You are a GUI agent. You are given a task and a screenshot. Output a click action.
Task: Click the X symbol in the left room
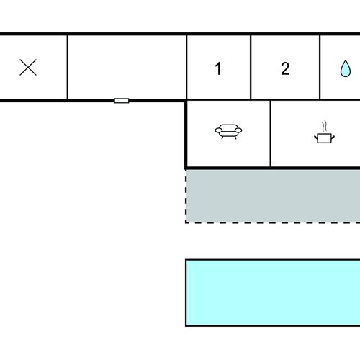coord(28,68)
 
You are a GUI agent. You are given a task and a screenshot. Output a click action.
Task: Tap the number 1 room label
coord(218,68)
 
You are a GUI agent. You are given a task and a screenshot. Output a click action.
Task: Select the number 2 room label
coord(285,68)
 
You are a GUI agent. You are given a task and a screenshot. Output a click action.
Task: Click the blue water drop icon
coord(346,68)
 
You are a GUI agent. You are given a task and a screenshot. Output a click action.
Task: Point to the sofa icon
coord(228,132)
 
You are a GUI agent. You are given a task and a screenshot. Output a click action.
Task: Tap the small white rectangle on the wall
coord(122,101)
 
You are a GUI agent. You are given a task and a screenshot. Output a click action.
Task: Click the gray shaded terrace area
coord(273,197)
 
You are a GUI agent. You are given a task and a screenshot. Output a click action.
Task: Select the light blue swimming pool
coord(273,293)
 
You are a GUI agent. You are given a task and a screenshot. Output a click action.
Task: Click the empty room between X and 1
coord(127,67)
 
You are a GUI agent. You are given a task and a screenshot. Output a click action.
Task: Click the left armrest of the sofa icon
coord(219,130)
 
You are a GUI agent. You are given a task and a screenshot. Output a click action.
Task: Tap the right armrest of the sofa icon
coord(238,130)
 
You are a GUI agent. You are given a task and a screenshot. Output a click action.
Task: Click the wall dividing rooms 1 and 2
coord(251,67)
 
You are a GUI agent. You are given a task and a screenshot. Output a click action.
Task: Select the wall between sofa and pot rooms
coord(271,133)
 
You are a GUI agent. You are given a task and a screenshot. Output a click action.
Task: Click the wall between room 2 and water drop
coord(320,67)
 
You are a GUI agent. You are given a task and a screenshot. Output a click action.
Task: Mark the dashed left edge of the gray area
coord(186,197)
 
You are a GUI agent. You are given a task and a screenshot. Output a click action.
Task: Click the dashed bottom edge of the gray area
coord(273,222)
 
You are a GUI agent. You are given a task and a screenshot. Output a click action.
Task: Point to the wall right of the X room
coord(68,67)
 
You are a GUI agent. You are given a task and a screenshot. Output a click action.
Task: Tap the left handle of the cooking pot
coord(316,138)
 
